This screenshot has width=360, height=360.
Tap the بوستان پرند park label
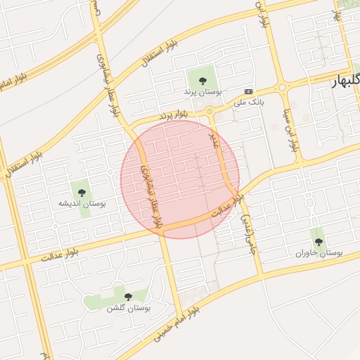pos(202,92)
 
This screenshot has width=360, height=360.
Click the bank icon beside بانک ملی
pos(248,91)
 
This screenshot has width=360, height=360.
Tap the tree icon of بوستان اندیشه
pos(81,192)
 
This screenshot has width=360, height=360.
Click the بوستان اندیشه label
pos(82,204)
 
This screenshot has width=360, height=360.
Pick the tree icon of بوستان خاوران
pos(319,241)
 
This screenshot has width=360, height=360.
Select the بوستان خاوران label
pos(319,252)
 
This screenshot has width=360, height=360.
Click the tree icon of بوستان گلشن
pos(127,297)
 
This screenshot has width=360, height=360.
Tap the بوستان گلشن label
pos(125,308)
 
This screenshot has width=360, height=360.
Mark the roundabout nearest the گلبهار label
pos(282,88)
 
